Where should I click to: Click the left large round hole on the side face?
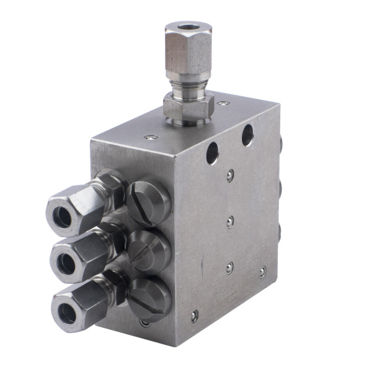coord(213,153)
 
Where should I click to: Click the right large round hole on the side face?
coord(247,135)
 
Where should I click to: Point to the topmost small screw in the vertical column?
coord(230,176)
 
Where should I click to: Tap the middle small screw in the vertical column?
coord(229,221)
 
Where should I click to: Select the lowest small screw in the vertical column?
coord(229,268)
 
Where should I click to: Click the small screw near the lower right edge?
coord(262,272)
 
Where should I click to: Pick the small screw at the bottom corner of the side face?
coord(194,316)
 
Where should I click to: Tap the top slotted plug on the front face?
coord(149,201)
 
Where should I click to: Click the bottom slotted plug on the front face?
coord(149,298)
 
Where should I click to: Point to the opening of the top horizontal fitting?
coord(63,215)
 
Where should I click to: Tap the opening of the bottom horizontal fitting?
coord(68,314)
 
